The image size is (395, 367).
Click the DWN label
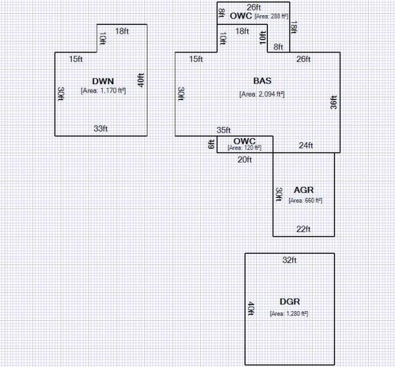point(103,81)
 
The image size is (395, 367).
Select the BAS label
point(262,81)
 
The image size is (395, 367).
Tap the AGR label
point(304,189)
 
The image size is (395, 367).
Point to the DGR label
point(290,301)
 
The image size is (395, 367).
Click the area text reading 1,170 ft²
point(103,91)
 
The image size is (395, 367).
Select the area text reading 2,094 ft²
point(262,94)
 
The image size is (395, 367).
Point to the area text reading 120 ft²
point(244,148)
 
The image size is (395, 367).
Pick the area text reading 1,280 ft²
point(290,314)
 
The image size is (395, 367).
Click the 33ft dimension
point(100,128)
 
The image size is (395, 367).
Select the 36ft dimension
point(333,105)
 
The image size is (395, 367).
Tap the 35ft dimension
point(224,130)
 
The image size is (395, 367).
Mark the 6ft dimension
point(211,144)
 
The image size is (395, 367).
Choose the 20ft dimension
point(244,159)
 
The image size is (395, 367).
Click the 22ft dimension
point(304,229)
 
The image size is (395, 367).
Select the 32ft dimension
point(290,260)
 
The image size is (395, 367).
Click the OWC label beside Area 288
point(240,14)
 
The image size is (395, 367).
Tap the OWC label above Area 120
point(244,140)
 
